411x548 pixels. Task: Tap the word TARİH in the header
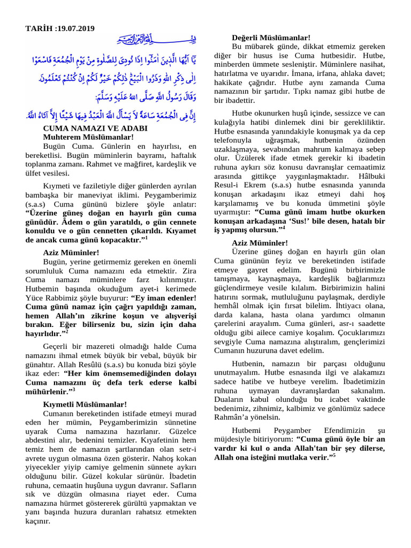pos(38,28)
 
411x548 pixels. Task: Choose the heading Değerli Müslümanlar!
pos(271,38)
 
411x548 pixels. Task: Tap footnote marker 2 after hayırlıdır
pos(67,331)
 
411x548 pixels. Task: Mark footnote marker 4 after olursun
pos(283,227)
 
